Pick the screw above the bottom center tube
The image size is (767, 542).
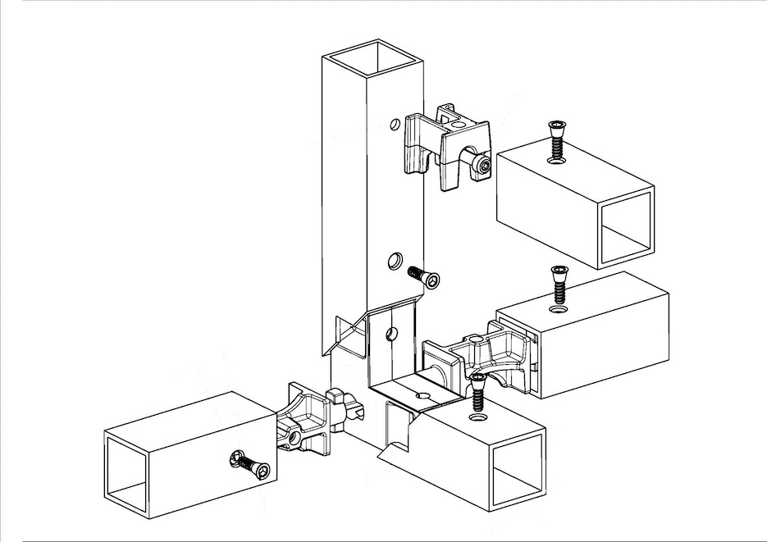[477, 392]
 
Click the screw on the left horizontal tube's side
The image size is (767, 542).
[251, 466]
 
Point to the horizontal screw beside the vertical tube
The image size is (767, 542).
[424, 278]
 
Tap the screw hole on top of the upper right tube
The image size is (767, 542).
[556, 161]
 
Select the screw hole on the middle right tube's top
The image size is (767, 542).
[560, 310]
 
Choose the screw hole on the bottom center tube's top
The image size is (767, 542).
[478, 417]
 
